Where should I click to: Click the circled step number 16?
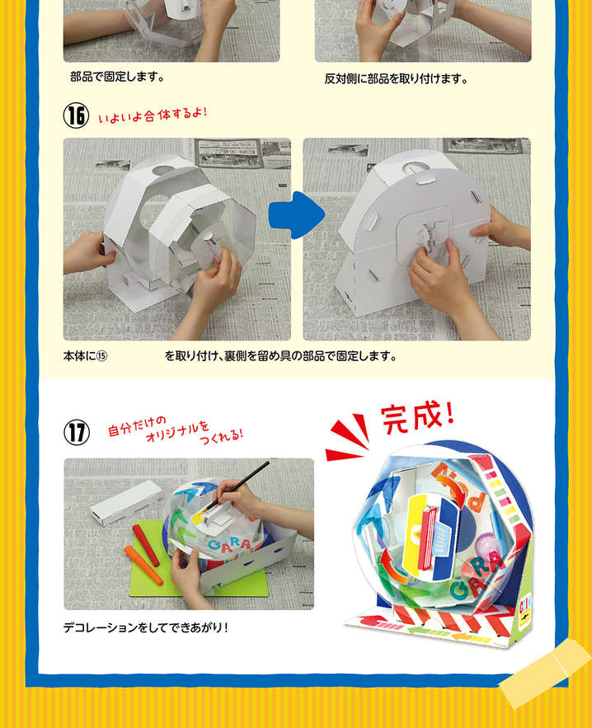point(76,115)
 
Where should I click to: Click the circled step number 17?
point(76,433)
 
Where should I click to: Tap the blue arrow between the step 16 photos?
point(297,215)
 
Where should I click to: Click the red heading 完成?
point(417,417)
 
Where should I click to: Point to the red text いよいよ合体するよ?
point(153,115)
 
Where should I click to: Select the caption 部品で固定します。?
point(117,77)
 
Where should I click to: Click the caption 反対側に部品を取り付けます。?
point(396,79)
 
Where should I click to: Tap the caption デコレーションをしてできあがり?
point(146,627)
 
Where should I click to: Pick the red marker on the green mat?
point(146,546)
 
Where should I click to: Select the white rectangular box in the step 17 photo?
point(126,503)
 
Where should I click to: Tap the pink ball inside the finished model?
point(484,544)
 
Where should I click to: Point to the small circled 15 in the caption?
point(101,356)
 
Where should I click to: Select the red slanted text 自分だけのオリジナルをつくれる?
point(176,430)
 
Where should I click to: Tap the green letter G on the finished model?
point(460,590)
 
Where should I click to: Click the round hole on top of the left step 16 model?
point(164,171)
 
